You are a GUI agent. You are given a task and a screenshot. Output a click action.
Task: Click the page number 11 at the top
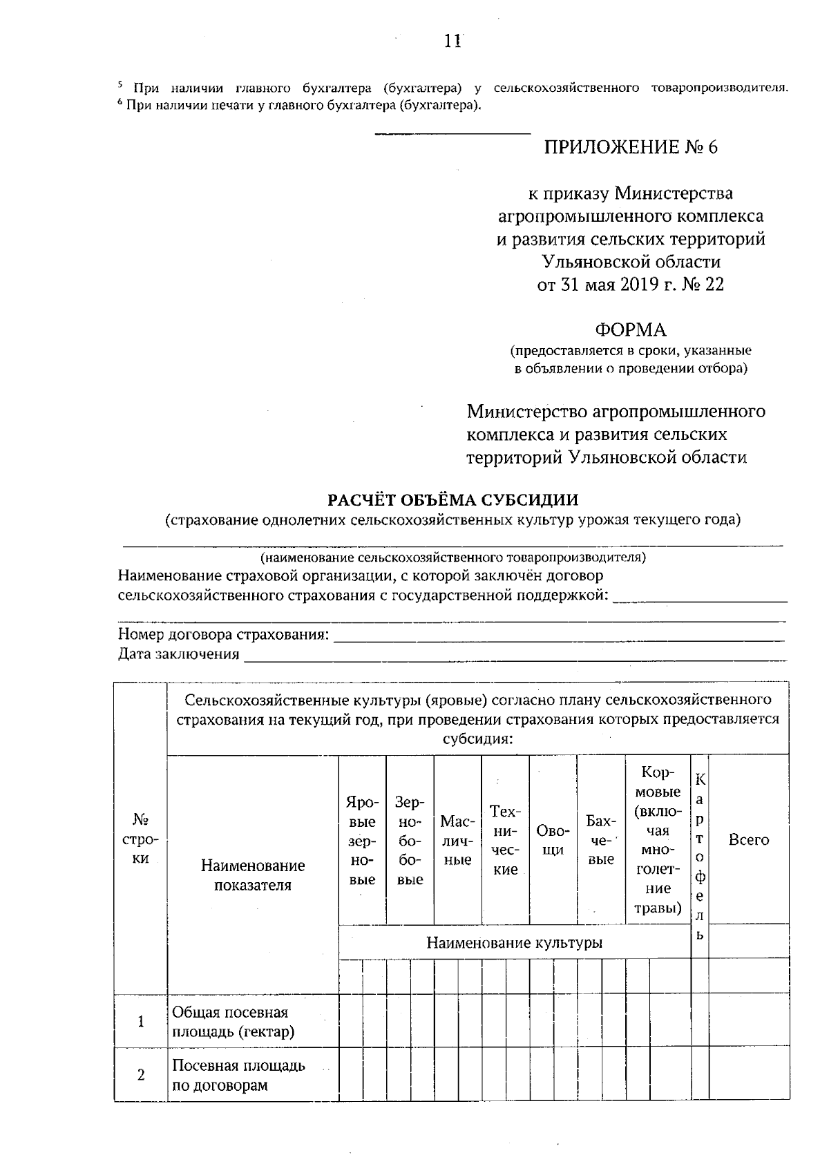click(x=452, y=41)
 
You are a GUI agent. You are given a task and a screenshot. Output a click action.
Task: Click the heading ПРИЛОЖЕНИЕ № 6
click(x=631, y=147)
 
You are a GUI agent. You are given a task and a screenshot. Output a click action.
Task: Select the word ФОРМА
click(x=631, y=330)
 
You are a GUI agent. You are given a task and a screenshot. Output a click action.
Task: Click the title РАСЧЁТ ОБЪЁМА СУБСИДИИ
click(x=452, y=499)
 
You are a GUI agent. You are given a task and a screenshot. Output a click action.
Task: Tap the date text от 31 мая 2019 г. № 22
click(x=631, y=285)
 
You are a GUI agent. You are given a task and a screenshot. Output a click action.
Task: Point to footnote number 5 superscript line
click(x=452, y=88)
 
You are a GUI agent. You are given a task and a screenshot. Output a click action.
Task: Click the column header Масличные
click(x=457, y=841)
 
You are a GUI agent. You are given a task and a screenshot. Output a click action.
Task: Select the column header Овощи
click(x=552, y=840)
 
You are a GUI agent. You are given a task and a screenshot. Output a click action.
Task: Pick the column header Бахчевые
click(x=600, y=840)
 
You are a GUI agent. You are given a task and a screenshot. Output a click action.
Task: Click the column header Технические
click(x=505, y=840)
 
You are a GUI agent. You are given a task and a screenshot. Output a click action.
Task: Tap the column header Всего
click(x=749, y=840)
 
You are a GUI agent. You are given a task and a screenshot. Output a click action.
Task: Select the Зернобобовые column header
click(x=410, y=841)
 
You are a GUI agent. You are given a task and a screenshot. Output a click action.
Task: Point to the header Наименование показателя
click(x=252, y=875)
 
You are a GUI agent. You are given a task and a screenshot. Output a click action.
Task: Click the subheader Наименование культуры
click(x=514, y=942)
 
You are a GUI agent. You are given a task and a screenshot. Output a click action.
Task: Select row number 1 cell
click(x=141, y=1022)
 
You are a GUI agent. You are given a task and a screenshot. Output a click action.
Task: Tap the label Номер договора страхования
click(x=223, y=634)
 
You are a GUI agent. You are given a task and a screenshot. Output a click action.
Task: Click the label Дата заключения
click(x=178, y=654)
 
